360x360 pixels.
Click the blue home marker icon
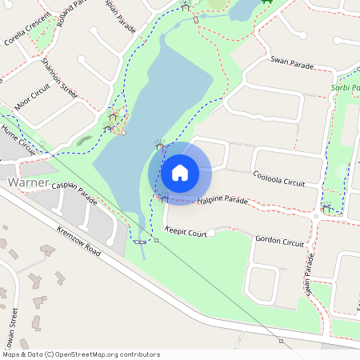(180, 172)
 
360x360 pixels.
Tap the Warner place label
(28, 182)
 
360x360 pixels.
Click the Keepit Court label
(186, 233)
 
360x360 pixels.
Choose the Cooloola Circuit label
(278, 178)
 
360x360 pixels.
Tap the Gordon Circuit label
(279, 241)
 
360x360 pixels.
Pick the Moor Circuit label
(32, 100)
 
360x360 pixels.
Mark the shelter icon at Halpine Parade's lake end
(163, 198)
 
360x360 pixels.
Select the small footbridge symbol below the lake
(141, 241)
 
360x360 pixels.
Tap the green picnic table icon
(266, 2)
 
